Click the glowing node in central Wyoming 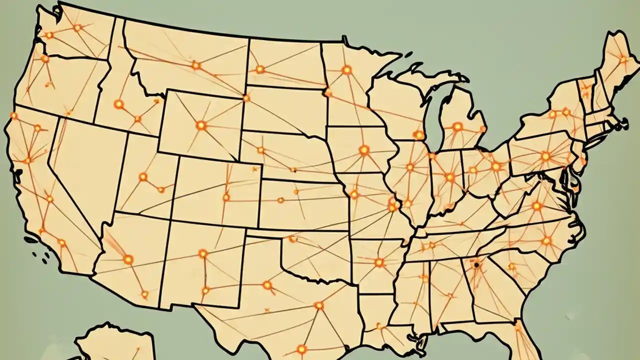[x=200, y=125]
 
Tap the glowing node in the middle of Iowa [x=363, y=150]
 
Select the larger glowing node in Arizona [x=128, y=259]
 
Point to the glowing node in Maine [x=623, y=59]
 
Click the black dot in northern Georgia [x=476, y=265]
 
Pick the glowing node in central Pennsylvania [x=545, y=156]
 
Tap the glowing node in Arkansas [x=379, y=262]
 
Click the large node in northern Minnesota [x=346, y=70]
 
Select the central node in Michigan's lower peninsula [x=457, y=126]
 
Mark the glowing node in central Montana [x=195, y=65]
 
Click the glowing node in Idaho [x=118, y=104]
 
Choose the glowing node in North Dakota [x=259, y=69]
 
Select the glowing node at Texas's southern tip [x=301, y=348]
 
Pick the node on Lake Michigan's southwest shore [x=419, y=135]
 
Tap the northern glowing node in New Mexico [x=202, y=253]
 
